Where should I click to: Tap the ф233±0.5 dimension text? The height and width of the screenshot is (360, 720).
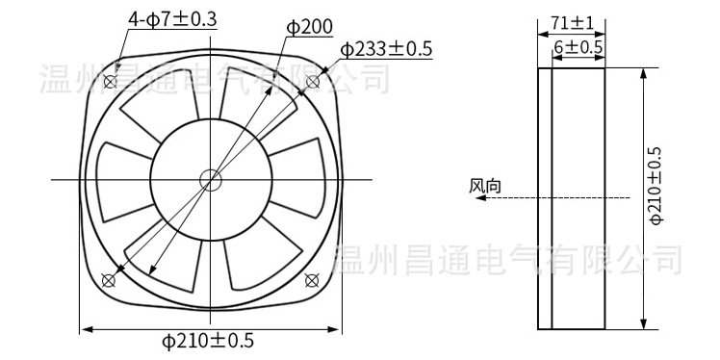(386, 49)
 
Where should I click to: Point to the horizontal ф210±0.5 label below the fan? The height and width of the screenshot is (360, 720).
(207, 341)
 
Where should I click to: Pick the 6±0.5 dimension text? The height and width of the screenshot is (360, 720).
(578, 46)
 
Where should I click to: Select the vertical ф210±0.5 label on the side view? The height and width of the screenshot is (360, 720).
(656, 186)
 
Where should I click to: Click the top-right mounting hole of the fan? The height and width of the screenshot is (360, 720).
(311, 80)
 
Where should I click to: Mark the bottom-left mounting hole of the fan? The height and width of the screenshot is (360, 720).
(108, 279)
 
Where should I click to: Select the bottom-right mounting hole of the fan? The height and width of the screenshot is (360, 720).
(311, 279)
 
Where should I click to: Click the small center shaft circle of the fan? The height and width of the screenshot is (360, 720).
(209, 179)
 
